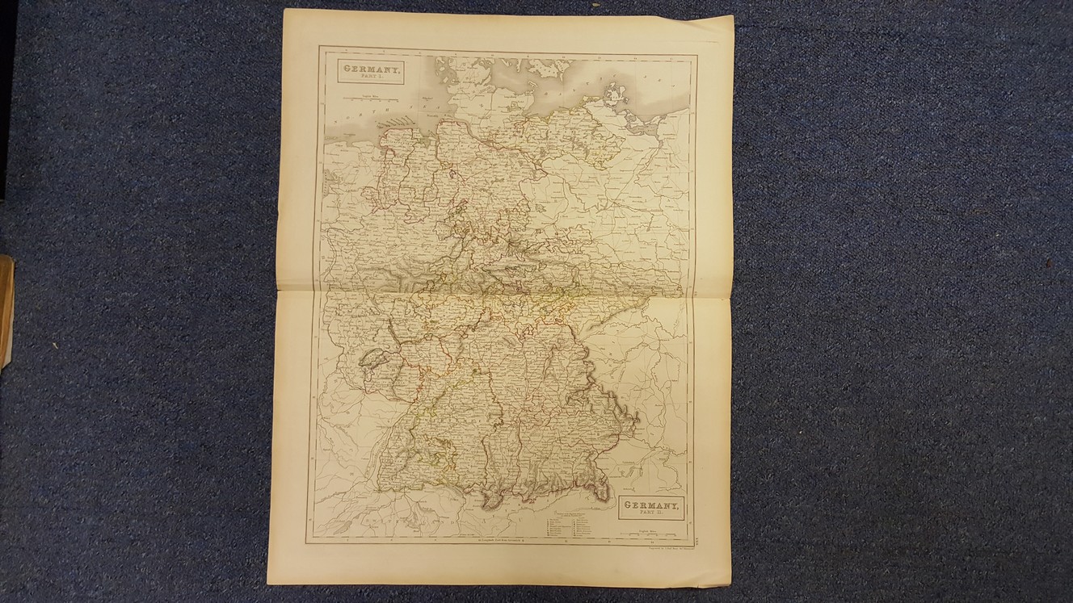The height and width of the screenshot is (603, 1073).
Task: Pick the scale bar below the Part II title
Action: pyautogui.click(x=650, y=532)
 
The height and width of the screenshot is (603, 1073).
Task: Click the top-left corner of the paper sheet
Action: pyautogui.click(x=284, y=10)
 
